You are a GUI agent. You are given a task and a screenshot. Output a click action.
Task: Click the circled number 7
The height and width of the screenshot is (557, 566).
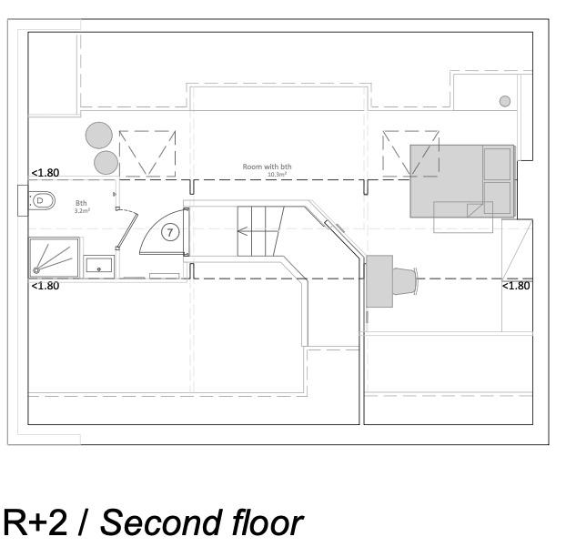point(170,232)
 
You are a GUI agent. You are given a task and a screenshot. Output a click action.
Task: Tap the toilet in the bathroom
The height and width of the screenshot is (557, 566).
point(42,200)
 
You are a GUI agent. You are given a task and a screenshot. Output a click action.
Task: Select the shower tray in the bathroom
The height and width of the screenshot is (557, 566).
point(55,256)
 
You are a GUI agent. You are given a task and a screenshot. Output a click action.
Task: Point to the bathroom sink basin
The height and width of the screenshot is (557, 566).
point(99,265)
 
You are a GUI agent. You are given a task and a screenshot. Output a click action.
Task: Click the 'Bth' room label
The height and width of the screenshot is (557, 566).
point(81,203)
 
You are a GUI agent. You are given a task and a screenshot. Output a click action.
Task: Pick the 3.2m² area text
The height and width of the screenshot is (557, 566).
point(81,210)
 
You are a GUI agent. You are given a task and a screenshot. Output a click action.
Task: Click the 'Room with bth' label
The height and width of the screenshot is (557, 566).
point(267,167)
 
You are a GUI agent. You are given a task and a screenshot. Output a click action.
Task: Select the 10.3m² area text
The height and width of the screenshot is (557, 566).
point(277,174)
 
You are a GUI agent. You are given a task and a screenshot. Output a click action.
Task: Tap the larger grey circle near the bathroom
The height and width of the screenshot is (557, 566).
point(99,137)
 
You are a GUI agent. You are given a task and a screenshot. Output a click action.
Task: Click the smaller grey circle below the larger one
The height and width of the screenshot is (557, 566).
point(106,163)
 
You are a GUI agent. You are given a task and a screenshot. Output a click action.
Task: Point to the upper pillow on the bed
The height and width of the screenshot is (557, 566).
point(497,164)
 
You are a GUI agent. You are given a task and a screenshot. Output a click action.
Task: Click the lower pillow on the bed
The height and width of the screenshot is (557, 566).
point(498,197)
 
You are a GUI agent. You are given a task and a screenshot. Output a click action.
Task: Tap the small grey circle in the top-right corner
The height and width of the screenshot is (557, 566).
point(505,101)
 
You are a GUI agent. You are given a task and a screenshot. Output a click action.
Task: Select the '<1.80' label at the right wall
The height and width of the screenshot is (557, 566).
point(516,286)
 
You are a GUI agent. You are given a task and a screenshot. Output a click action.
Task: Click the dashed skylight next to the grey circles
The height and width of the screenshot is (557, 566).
point(147,154)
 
